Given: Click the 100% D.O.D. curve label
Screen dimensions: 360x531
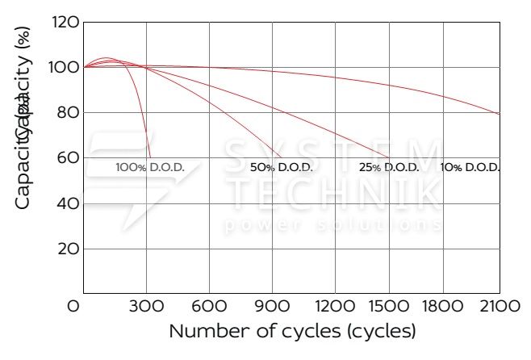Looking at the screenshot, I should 150,168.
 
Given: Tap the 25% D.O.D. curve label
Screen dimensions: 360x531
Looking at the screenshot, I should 388,168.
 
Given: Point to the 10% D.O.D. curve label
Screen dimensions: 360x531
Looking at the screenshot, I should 470,168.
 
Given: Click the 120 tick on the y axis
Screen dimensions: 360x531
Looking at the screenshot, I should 64,22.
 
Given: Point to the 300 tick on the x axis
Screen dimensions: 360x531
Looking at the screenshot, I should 146,307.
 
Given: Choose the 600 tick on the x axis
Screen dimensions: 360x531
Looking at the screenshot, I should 209,307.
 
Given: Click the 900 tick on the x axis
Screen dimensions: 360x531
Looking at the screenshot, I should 272,307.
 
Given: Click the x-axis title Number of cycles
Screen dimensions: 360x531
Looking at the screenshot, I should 292,332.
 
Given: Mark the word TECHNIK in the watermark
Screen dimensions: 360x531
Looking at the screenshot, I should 332,192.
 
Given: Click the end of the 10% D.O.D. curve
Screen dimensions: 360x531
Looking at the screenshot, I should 500,114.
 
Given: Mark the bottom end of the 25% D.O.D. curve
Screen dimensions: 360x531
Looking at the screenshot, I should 389,157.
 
